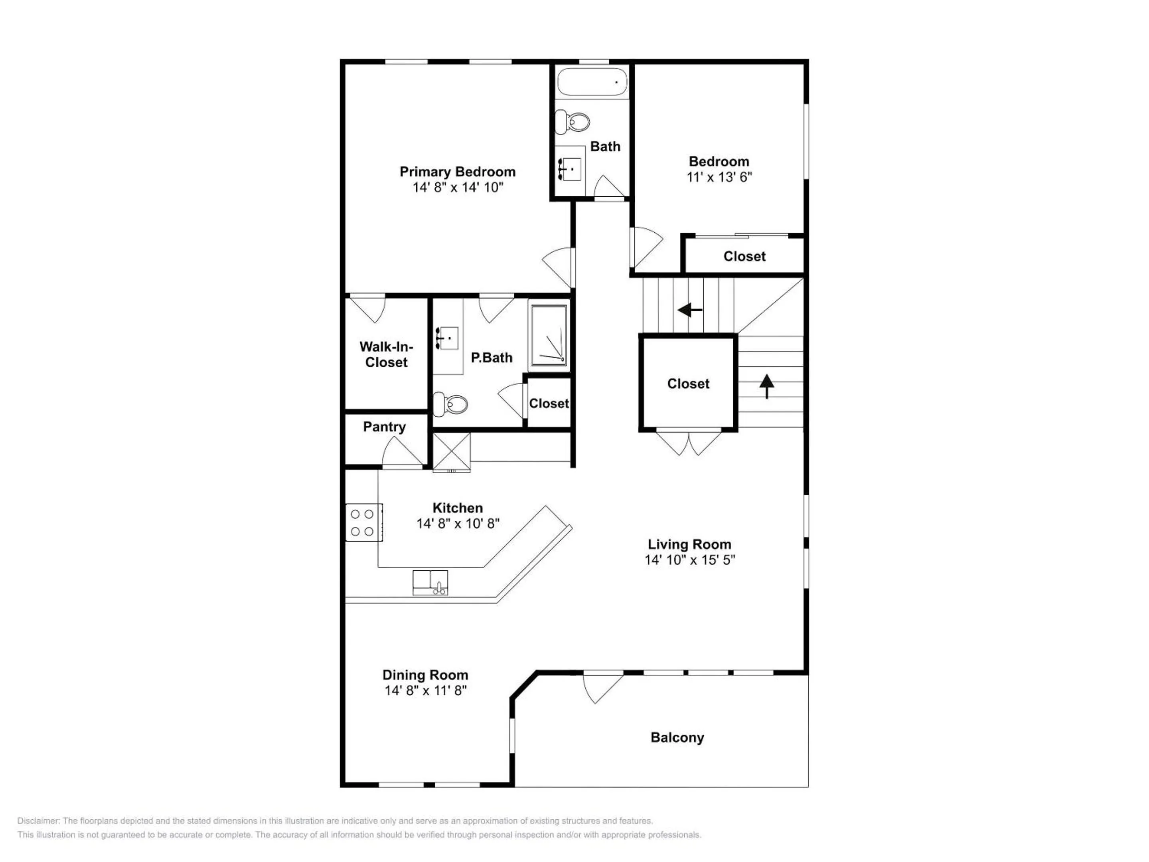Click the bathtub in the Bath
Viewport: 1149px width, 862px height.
tap(592, 82)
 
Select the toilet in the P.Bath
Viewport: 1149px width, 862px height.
tap(451, 404)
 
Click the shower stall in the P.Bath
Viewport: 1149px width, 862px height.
tap(549, 336)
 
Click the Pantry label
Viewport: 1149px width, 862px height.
tap(384, 427)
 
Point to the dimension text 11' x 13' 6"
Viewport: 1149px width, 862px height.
tap(719, 177)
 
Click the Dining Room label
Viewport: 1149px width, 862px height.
tap(425, 675)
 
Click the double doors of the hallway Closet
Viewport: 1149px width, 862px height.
tap(688, 442)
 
